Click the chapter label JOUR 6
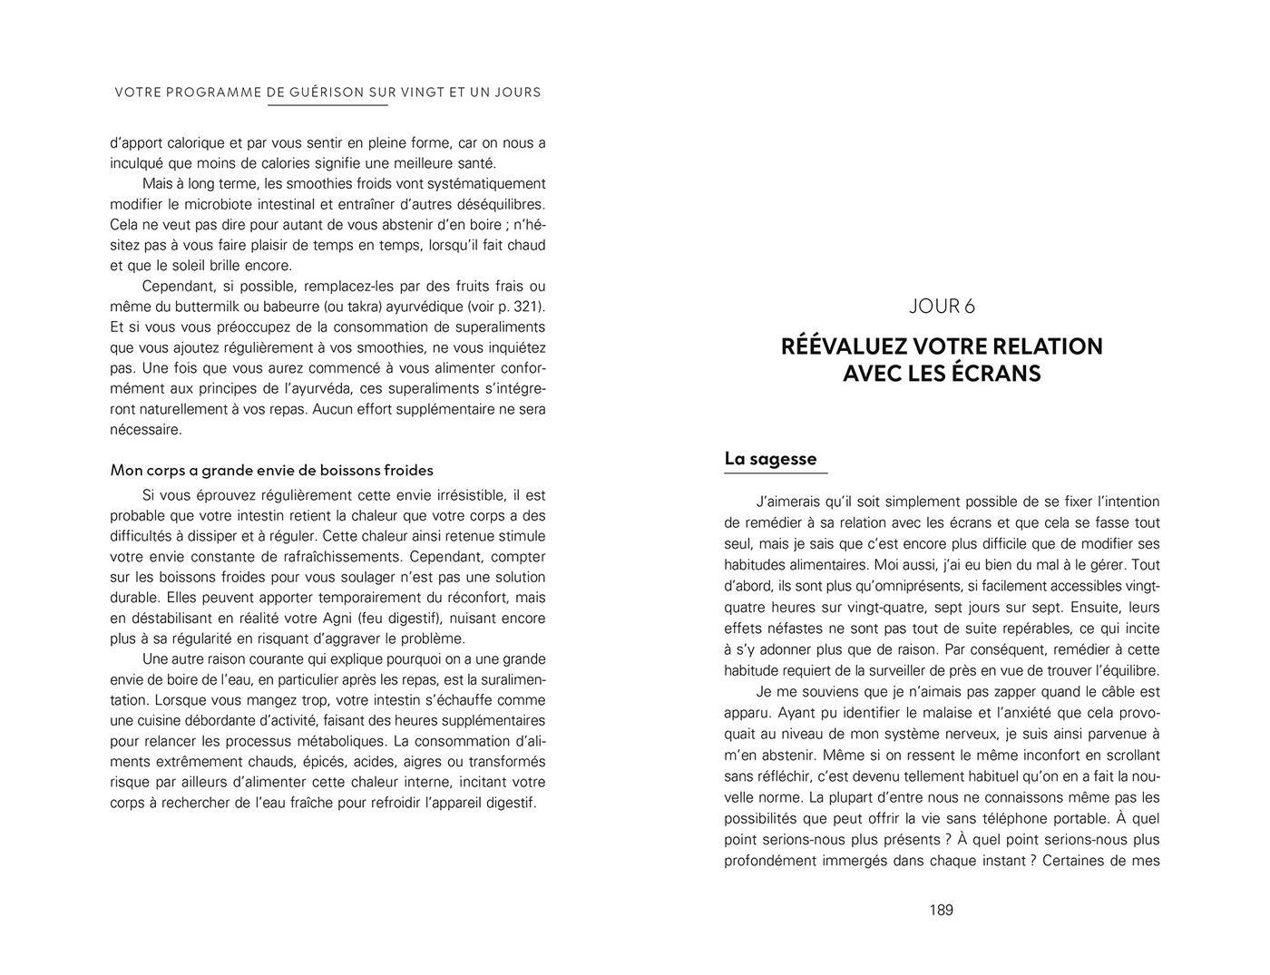point(942,307)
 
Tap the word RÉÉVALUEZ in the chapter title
point(843,346)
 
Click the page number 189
point(941,910)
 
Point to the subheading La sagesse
point(770,459)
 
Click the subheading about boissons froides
point(271,470)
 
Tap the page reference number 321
point(529,307)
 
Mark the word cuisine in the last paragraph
point(136,721)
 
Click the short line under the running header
point(327,105)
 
